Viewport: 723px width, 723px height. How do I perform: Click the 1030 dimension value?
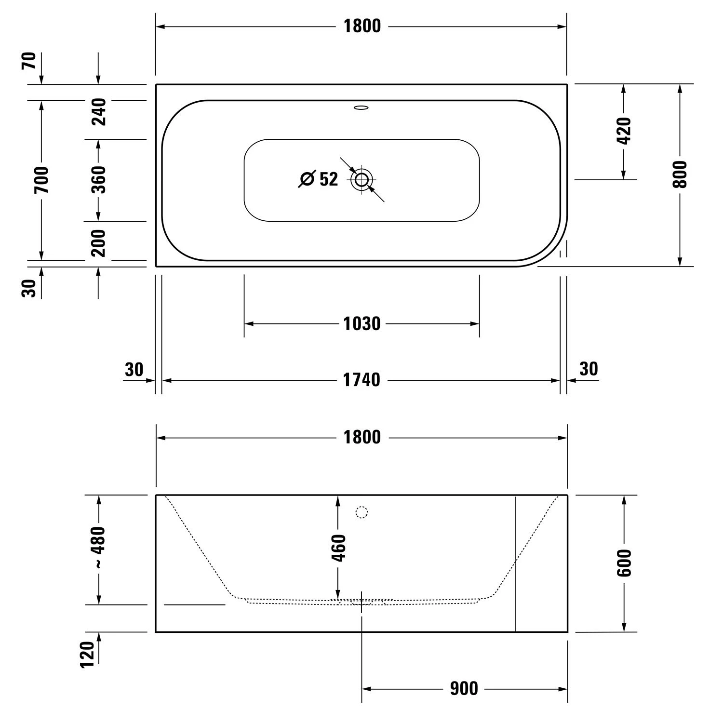(x=361, y=323)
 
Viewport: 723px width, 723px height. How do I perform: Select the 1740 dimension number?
(x=361, y=380)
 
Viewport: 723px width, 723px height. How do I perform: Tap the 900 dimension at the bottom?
(x=464, y=688)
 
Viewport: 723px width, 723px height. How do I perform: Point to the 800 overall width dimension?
(x=680, y=174)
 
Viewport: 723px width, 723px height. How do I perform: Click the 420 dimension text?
(x=623, y=131)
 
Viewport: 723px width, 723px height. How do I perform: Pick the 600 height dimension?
(x=624, y=562)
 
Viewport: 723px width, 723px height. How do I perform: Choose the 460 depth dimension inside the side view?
(x=338, y=548)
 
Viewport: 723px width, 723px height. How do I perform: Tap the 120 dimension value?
(x=87, y=655)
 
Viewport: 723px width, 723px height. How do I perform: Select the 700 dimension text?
(x=42, y=180)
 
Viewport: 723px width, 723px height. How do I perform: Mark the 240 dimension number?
(x=99, y=112)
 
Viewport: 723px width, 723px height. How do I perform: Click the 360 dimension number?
(x=99, y=179)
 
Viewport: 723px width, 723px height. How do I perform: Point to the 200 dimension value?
(x=99, y=243)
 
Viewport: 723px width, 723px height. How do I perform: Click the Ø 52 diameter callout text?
(x=319, y=179)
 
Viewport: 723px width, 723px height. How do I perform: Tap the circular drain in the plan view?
(x=362, y=180)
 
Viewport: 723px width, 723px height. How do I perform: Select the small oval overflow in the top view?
(x=361, y=107)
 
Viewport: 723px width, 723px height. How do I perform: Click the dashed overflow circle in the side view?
(x=361, y=512)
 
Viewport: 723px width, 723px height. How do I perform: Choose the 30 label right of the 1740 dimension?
(x=589, y=369)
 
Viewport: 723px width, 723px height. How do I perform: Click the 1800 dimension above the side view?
(x=361, y=437)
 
